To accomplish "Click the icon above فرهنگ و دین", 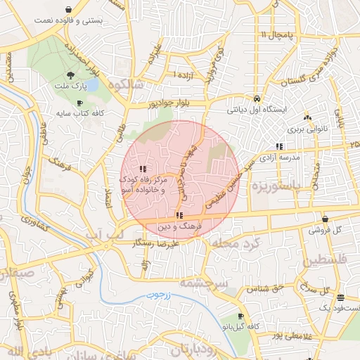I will click(x=179, y=215).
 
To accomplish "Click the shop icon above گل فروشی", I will click(x=324, y=219).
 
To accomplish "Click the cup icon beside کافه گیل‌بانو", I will click(x=240, y=316).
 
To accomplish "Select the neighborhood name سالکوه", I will click(x=126, y=84).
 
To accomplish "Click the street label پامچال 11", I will click(x=274, y=34).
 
